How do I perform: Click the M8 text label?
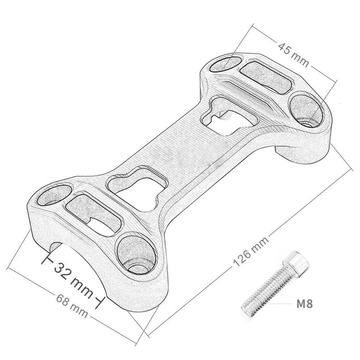point(304,303)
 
